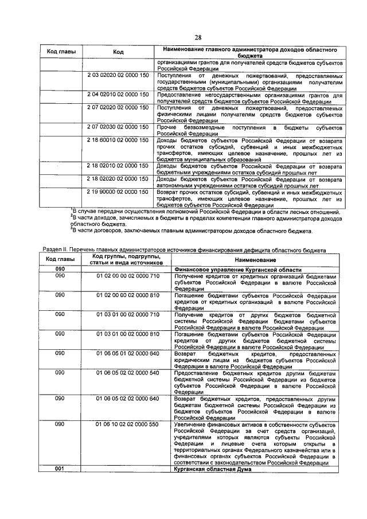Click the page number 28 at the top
[x=198, y=37]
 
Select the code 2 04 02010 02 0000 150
[x=118, y=93]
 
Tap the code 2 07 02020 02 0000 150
[x=118, y=107]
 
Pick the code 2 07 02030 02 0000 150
[x=118, y=126]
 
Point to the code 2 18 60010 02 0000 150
[x=118, y=139]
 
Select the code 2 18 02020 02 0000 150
[x=118, y=179]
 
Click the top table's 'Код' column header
[x=118, y=52]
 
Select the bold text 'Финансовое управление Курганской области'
[x=238, y=270]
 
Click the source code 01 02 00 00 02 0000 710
[x=128, y=276]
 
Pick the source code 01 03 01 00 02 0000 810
[x=128, y=333]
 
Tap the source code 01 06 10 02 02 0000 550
[x=128, y=424]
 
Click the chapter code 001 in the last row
[x=59, y=469]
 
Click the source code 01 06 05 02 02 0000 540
[x=128, y=372]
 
